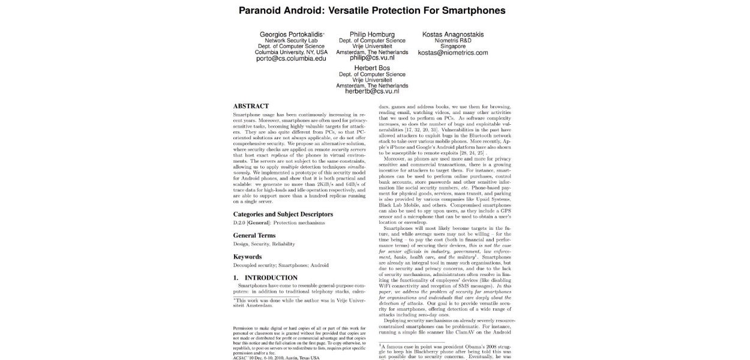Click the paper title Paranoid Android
pyautogui.click(x=372, y=10)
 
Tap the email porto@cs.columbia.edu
pyautogui.click(x=291, y=59)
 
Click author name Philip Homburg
pyautogui.click(x=372, y=34)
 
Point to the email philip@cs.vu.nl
pyautogui.click(x=372, y=58)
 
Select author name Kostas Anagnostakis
pyautogui.click(x=452, y=34)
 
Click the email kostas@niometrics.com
pyautogui.click(x=452, y=53)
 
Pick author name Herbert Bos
pyautogui.click(x=372, y=68)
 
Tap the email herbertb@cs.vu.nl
pyautogui.click(x=372, y=92)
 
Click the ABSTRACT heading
pyautogui.click(x=251, y=106)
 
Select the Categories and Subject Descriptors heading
pyautogui.click(x=283, y=214)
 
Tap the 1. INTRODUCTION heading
pyautogui.click(x=265, y=278)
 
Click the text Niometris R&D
pyautogui.click(x=452, y=41)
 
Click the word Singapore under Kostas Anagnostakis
pyautogui.click(x=452, y=46)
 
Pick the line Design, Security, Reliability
pyautogui.click(x=263, y=244)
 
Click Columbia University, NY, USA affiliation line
pyautogui.click(x=291, y=52)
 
